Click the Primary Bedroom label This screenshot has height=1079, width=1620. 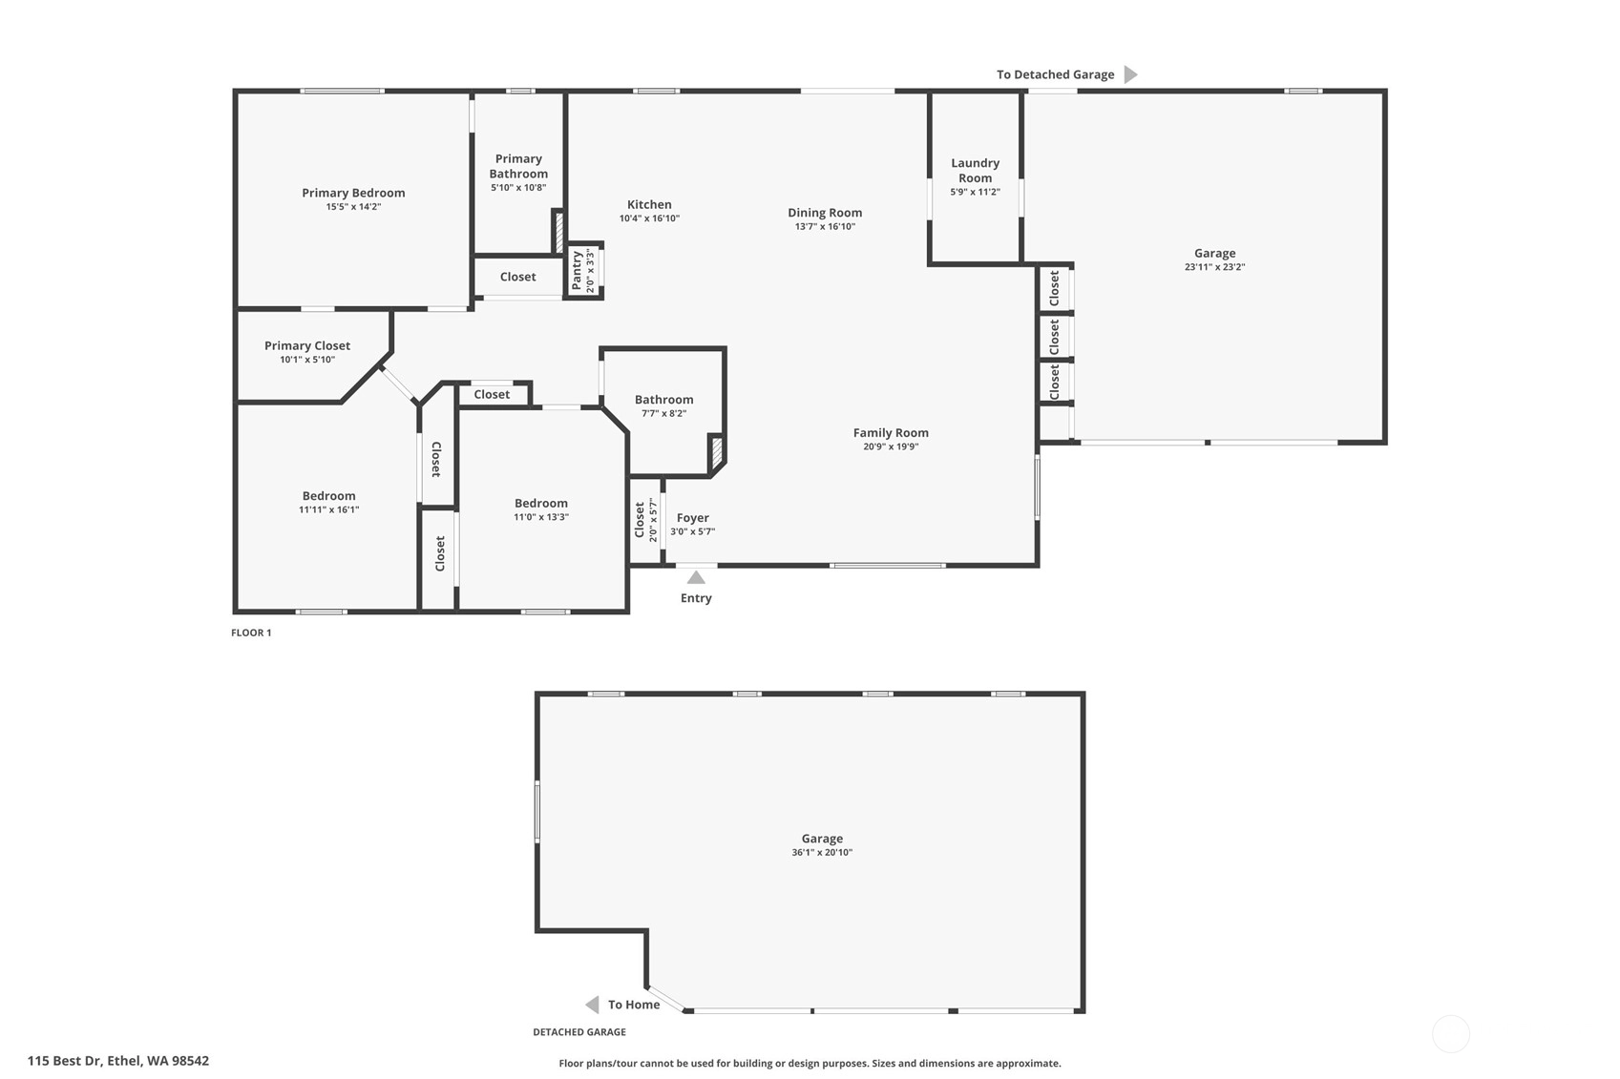pos(353,193)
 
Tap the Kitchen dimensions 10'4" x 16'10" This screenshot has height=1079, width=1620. pos(649,218)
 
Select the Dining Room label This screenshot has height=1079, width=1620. pos(825,213)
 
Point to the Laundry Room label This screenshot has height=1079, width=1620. pos(975,171)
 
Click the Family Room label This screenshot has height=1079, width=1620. pos(891,433)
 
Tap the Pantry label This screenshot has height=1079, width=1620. pos(578,271)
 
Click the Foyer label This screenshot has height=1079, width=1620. pos(692,518)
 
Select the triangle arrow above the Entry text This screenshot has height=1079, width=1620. pos(696,577)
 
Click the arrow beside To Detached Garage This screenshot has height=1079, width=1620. pos(1131,74)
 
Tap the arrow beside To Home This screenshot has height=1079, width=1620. pos(592,1005)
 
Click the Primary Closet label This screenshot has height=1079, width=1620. pos(306,346)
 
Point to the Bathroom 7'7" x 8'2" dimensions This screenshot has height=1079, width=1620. pos(663,413)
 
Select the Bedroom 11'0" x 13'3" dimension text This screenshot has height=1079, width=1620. pos(541,517)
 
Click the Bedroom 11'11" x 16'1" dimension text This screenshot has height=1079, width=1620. pos(328,509)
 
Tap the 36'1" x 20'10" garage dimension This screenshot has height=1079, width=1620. pos(822,852)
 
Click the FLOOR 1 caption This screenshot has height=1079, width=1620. pos(251,633)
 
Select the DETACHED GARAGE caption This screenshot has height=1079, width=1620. pos(579,1032)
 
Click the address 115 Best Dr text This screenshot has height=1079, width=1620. pos(64,1061)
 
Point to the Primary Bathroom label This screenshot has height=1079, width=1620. pos(518,166)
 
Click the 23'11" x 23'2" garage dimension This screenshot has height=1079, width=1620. pos(1214,267)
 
